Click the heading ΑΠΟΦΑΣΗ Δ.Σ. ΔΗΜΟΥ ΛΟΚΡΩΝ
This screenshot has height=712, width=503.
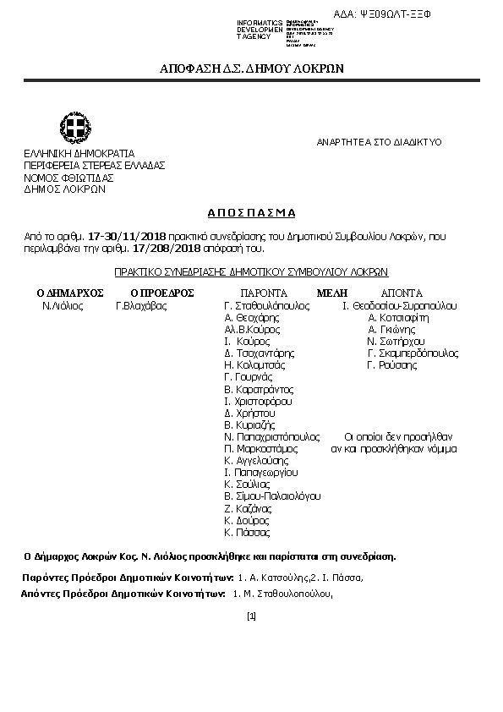(x=251, y=69)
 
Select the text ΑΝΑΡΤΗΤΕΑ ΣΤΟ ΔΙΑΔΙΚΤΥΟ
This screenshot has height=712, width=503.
(x=379, y=143)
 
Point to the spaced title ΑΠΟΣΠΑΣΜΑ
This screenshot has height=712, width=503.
(x=251, y=213)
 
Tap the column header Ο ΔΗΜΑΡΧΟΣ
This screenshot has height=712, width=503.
(x=69, y=293)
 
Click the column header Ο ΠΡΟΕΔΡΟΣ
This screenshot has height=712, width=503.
(x=162, y=293)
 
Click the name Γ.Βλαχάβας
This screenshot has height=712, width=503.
(x=141, y=305)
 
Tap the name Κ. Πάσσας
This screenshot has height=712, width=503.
(x=247, y=533)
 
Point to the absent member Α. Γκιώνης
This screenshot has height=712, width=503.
(x=391, y=330)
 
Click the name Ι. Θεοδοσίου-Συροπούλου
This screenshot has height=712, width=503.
(x=400, y=305)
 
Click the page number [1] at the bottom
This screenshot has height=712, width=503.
(x=251, y=616)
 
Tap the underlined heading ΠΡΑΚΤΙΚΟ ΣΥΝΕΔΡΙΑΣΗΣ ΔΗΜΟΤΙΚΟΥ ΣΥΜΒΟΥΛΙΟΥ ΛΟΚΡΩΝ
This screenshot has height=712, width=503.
(x=251, y=272)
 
